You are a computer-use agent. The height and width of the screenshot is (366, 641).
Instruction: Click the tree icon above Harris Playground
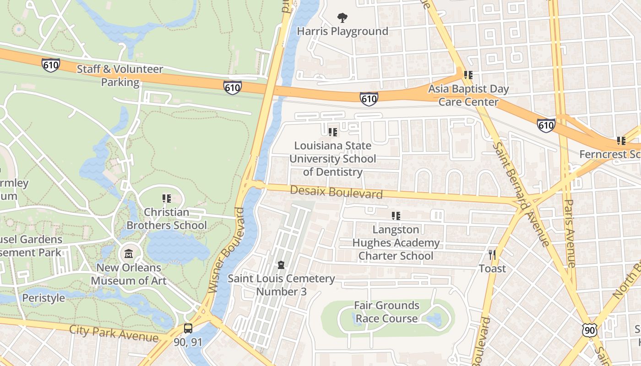(x=342, y=18)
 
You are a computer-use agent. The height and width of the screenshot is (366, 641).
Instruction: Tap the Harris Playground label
(x=342, y=32)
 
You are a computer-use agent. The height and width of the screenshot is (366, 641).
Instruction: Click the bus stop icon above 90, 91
(x=188, y=328)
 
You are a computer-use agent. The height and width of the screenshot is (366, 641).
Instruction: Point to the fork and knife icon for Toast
(x=492, y=254)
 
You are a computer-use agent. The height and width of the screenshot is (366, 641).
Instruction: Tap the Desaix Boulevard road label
(x=336, y=192)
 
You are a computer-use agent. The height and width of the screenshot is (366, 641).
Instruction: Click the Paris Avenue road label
(x=570, y=233)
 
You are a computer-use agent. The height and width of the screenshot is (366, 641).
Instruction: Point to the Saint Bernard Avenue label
(x=521, y=194)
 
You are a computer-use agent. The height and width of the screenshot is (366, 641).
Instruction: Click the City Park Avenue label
(x=114, y=334)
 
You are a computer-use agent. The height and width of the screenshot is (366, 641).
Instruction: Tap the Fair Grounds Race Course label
(x=387, y=312)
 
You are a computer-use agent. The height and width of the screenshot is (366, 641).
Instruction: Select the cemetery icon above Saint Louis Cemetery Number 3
(x=281, y=265)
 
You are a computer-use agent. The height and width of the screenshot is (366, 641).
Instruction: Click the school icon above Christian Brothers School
(x=166, y=199)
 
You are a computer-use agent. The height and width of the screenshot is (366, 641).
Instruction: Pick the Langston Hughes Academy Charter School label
(x=396, y=242)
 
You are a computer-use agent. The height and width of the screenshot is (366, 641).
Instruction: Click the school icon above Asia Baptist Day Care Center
(x=468, y=75)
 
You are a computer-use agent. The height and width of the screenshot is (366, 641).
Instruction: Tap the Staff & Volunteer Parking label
(x=120, y=76)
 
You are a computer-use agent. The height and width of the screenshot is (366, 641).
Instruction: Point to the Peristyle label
(x=43, y=298)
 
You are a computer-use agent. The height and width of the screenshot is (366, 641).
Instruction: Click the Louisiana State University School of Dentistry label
(x=333, y=159)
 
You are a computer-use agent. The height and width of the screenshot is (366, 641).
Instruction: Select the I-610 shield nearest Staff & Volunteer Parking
(x=50, y=65)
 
